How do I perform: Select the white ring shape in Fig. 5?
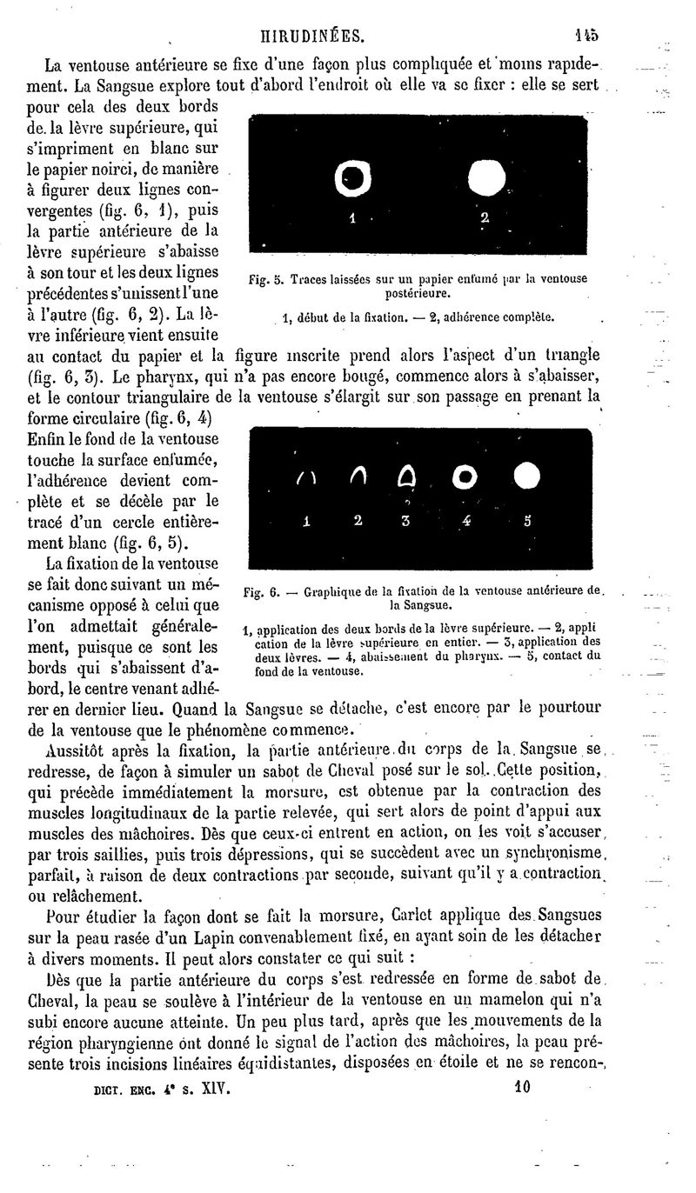[x=352, y=179]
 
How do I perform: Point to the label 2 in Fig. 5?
[x=485, y=217]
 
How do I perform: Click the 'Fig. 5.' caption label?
[x=266, y=280]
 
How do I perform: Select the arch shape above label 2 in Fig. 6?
[x=357, y=477]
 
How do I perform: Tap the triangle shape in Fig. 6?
[x=405, y=477]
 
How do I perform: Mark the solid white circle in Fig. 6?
[x=526, y=475]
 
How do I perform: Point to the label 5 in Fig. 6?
[x=526, y=522]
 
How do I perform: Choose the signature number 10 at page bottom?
[x=522, y=1086]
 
